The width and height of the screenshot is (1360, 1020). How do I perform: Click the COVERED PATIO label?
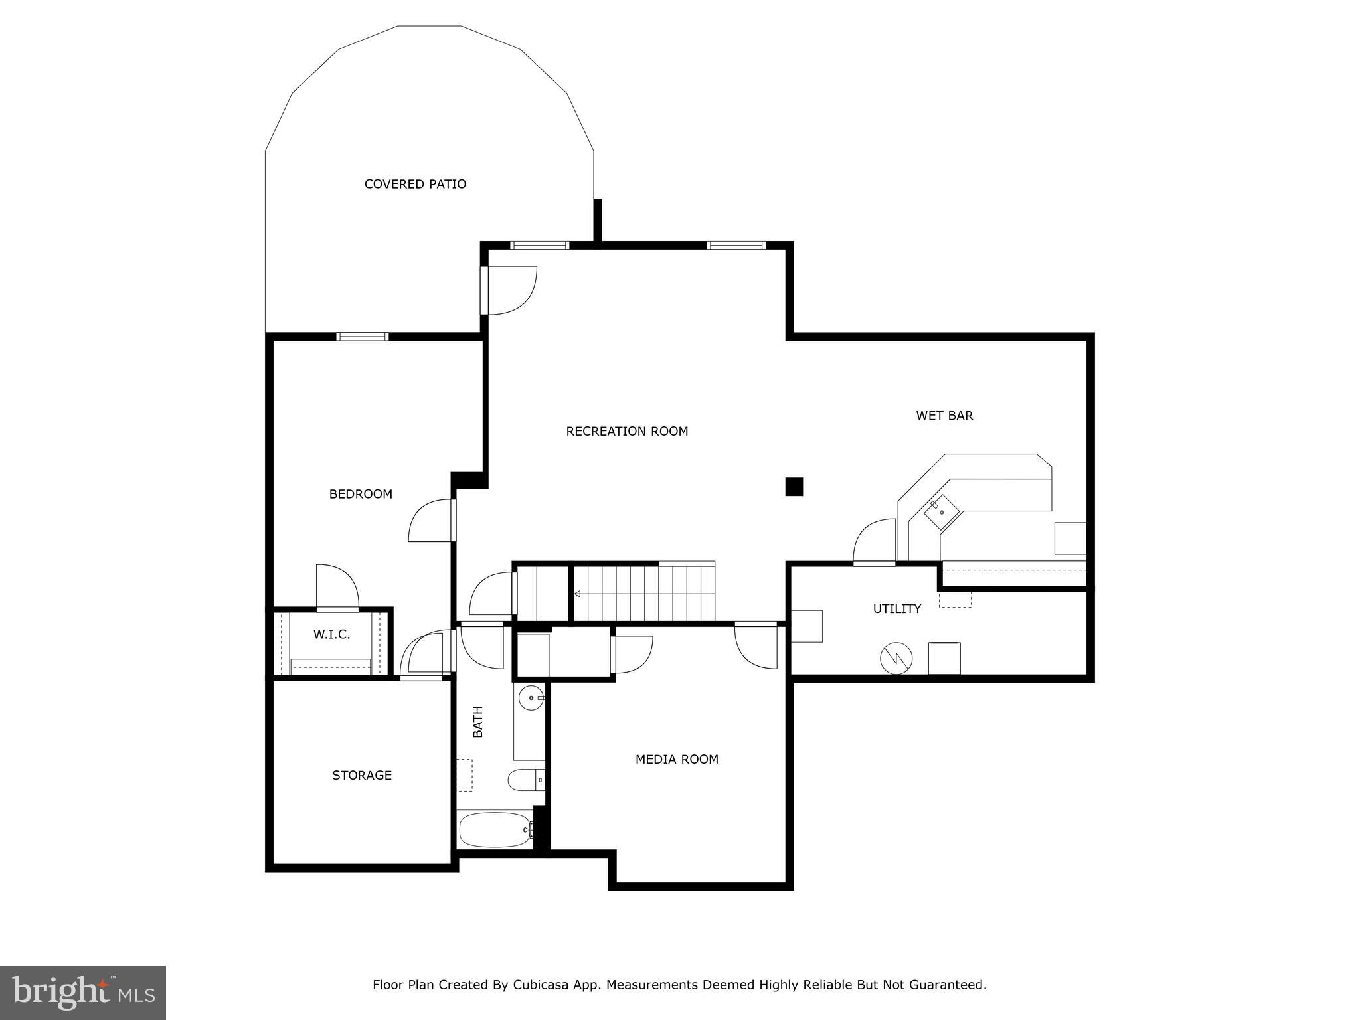pyautogui.click(x=415, y=184)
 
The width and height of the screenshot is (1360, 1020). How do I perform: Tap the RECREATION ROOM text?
pyautogui.click(x=627, y=431)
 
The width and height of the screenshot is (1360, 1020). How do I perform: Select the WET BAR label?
pyautogui.click(x=944, y=416)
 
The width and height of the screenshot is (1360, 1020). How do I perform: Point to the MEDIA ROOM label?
pyautogui.click(x=677, y=759)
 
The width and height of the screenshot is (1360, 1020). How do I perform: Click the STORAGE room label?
pyautogui.click(x=362, y=775)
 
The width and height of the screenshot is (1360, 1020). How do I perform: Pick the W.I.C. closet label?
pyautogui.click(x=331, y=634)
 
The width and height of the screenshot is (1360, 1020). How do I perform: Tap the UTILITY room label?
pyautogui.click(x=896, y=608)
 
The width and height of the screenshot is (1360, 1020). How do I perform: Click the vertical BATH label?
pyautogui.click(x=477, y=721)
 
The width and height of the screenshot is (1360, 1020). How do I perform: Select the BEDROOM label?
pyautogui.click(x=361, y=494)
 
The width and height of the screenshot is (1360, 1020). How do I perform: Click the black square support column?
pyautogui.click(x=794, y=487)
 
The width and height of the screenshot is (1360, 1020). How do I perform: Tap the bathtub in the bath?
pyautogui.click(x=495, y=830)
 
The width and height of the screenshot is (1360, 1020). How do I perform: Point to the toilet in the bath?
pyautogui.click(x=525, y=780)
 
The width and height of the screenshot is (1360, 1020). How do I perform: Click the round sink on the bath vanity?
pyautogui.click(x=531, y=698)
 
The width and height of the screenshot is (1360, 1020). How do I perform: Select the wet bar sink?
pyautogui.click(x=942, y=513)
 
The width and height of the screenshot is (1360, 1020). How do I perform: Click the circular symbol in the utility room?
pyautogui.click(x=896, y=658)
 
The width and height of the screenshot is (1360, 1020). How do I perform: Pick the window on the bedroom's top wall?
pyautogui.click(x=362, y=337)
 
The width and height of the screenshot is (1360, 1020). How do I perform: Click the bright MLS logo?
pyautogui.click(x=83, y=992)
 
